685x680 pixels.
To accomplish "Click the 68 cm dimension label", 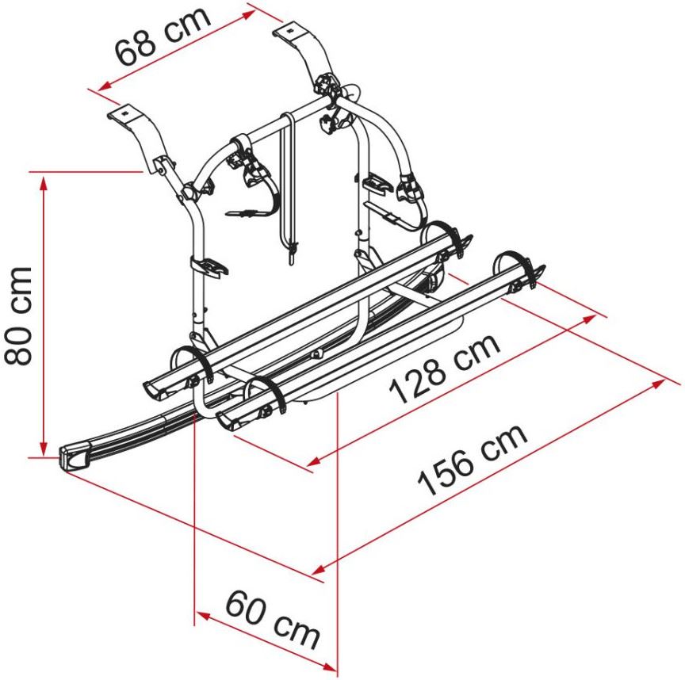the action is coord(163,35).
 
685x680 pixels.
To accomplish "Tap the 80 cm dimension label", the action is coord(18,315).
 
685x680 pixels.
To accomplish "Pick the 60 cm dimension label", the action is coord(273,619).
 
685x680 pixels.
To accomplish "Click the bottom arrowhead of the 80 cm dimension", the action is coord(44,447).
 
